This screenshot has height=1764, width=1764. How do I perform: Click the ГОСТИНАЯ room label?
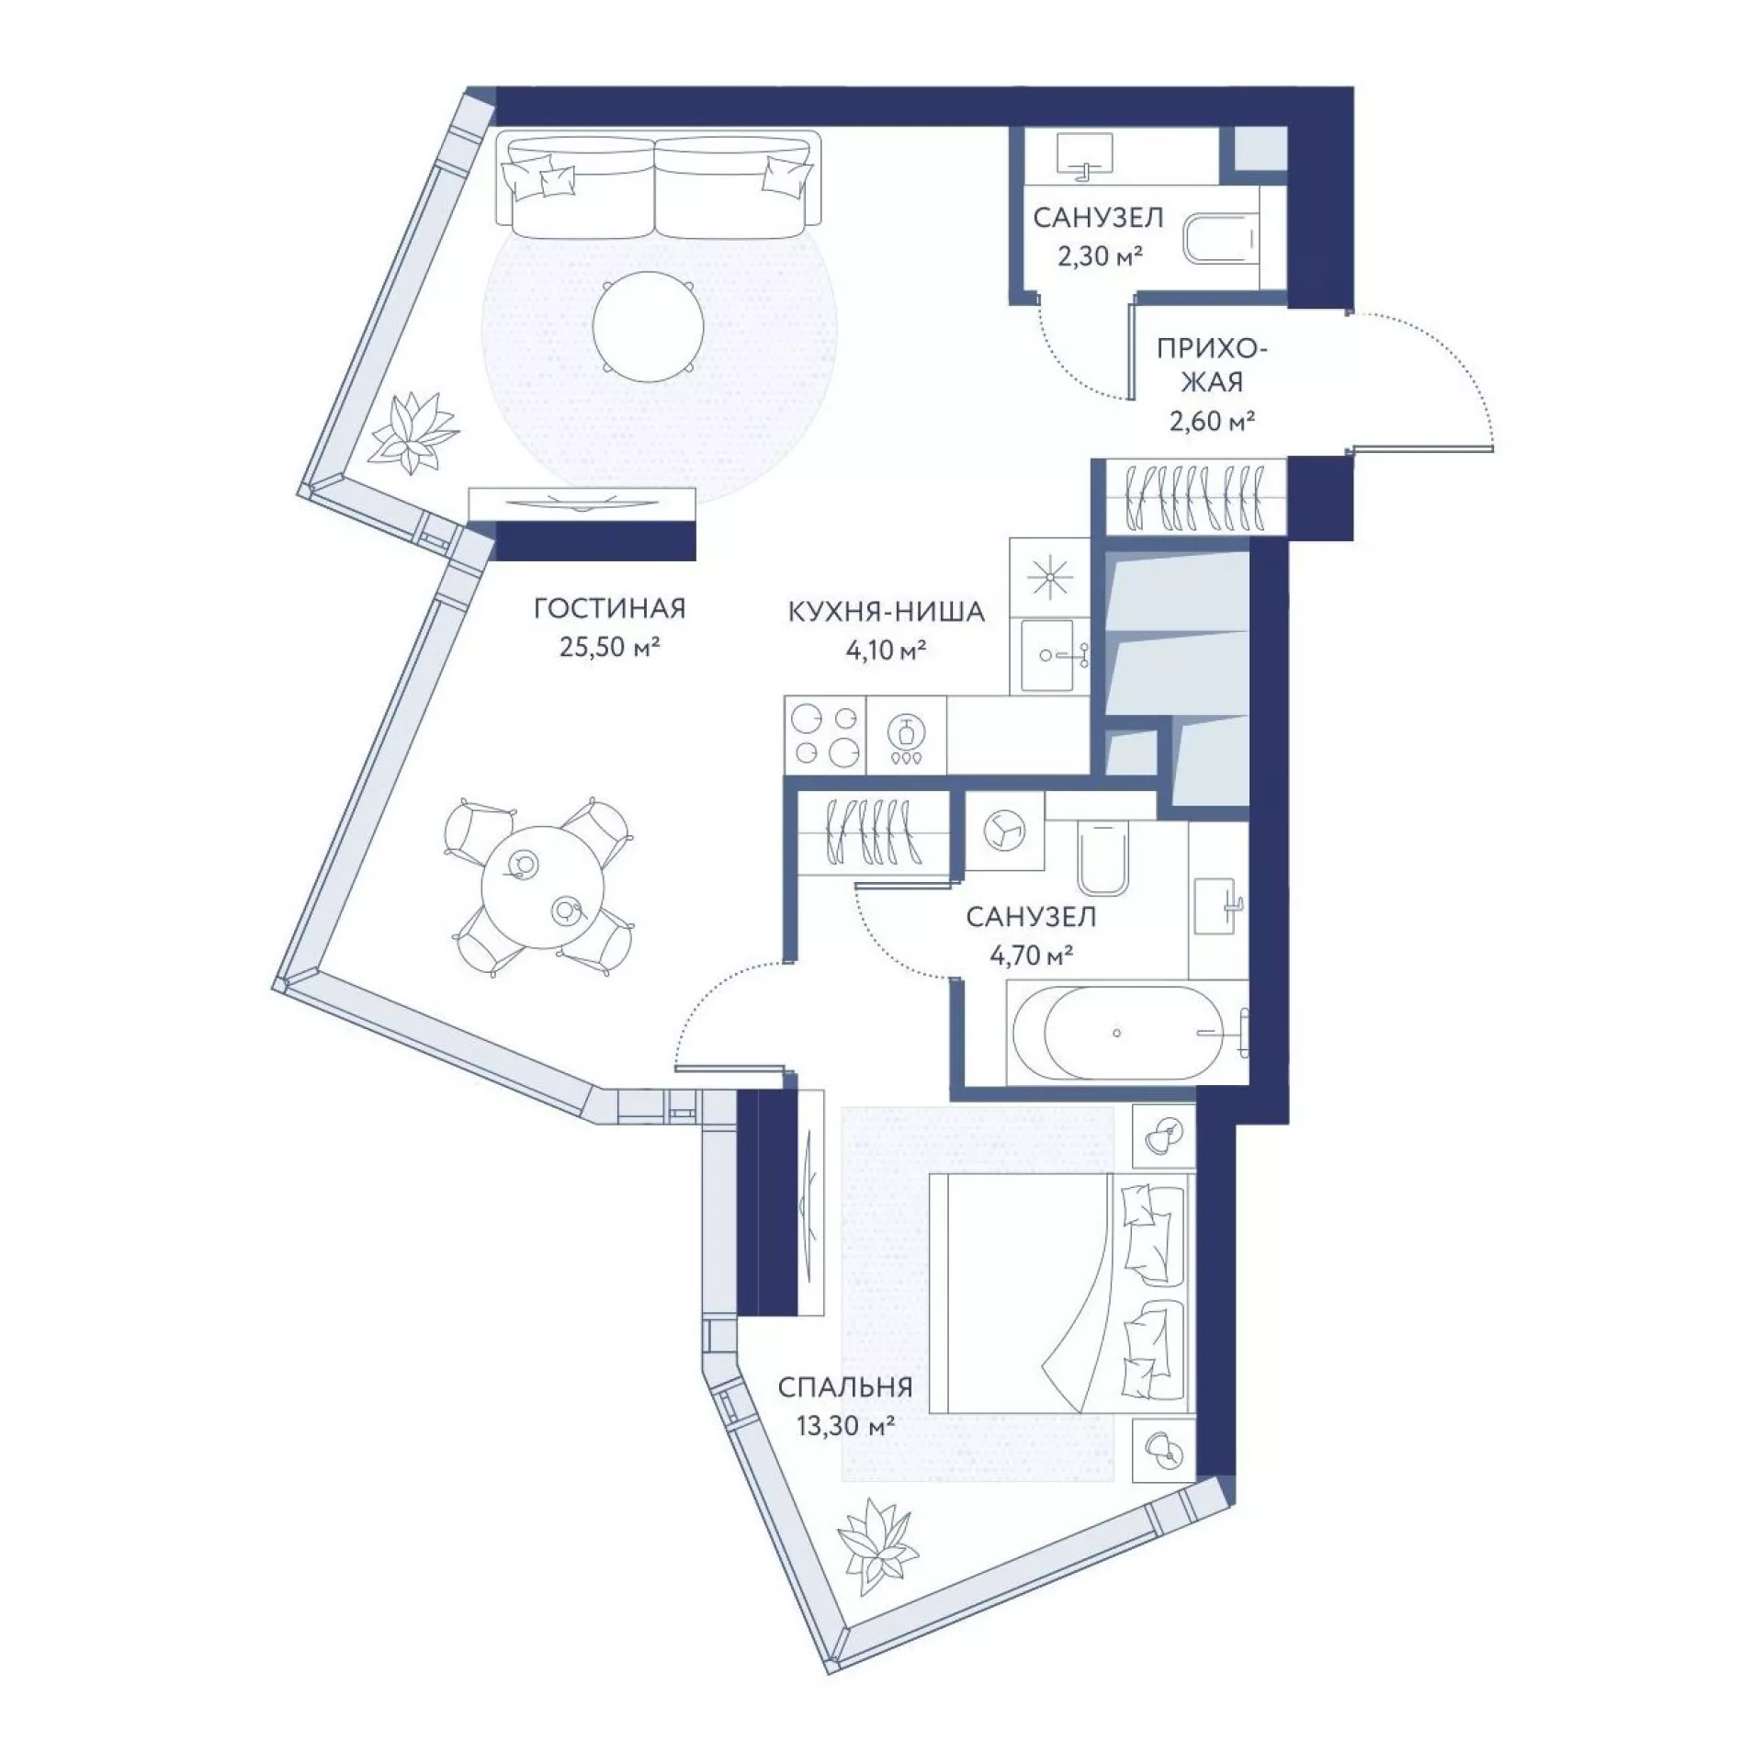(610, 609)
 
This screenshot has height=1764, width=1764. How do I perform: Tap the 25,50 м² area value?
(611, 648)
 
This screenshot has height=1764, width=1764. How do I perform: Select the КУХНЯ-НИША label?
(887, 611)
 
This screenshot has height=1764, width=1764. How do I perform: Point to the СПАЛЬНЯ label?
(845, 1386)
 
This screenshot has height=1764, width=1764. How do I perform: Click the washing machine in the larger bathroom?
(1004, 831)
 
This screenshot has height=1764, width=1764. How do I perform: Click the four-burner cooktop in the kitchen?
(825, 734)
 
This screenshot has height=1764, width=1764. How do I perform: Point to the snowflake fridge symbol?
(1049, 577)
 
